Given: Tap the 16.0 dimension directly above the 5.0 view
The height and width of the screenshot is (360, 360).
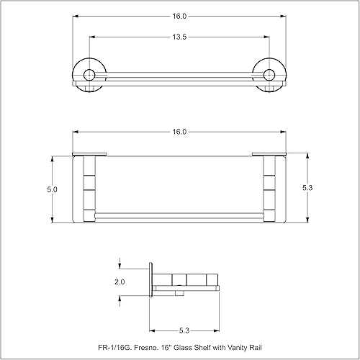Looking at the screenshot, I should click(x=180, y=132).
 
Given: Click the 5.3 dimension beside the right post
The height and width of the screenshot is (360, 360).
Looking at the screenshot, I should click(x=308, y=187).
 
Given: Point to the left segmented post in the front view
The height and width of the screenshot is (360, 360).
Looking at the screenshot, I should click(x=89, y=189).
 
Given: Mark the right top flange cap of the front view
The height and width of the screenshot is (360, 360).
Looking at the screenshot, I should click(x=269, y=153).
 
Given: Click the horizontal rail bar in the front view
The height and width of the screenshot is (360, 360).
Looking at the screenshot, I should click(x=180, y=215).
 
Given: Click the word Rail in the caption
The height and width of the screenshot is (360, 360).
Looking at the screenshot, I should click(x=260, y=348).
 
